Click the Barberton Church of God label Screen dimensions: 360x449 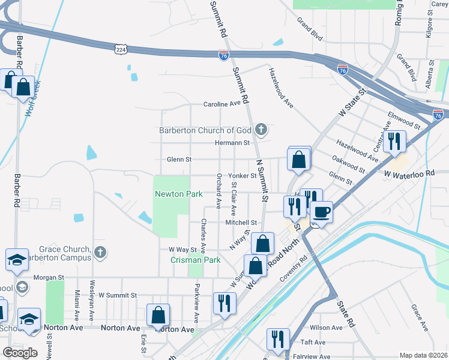[205, 130]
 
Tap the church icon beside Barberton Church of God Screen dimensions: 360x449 [261, 129]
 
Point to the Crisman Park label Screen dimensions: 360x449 [196, 260]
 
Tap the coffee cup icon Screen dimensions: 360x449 [322, 212]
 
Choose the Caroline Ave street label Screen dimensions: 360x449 [221, 104]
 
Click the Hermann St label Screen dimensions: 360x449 [232, 143]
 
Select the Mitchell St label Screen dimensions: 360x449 [241, 223]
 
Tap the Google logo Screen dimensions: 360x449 [20, 353]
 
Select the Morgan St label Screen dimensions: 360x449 [48, 278]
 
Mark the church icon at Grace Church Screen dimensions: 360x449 [100, 253]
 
